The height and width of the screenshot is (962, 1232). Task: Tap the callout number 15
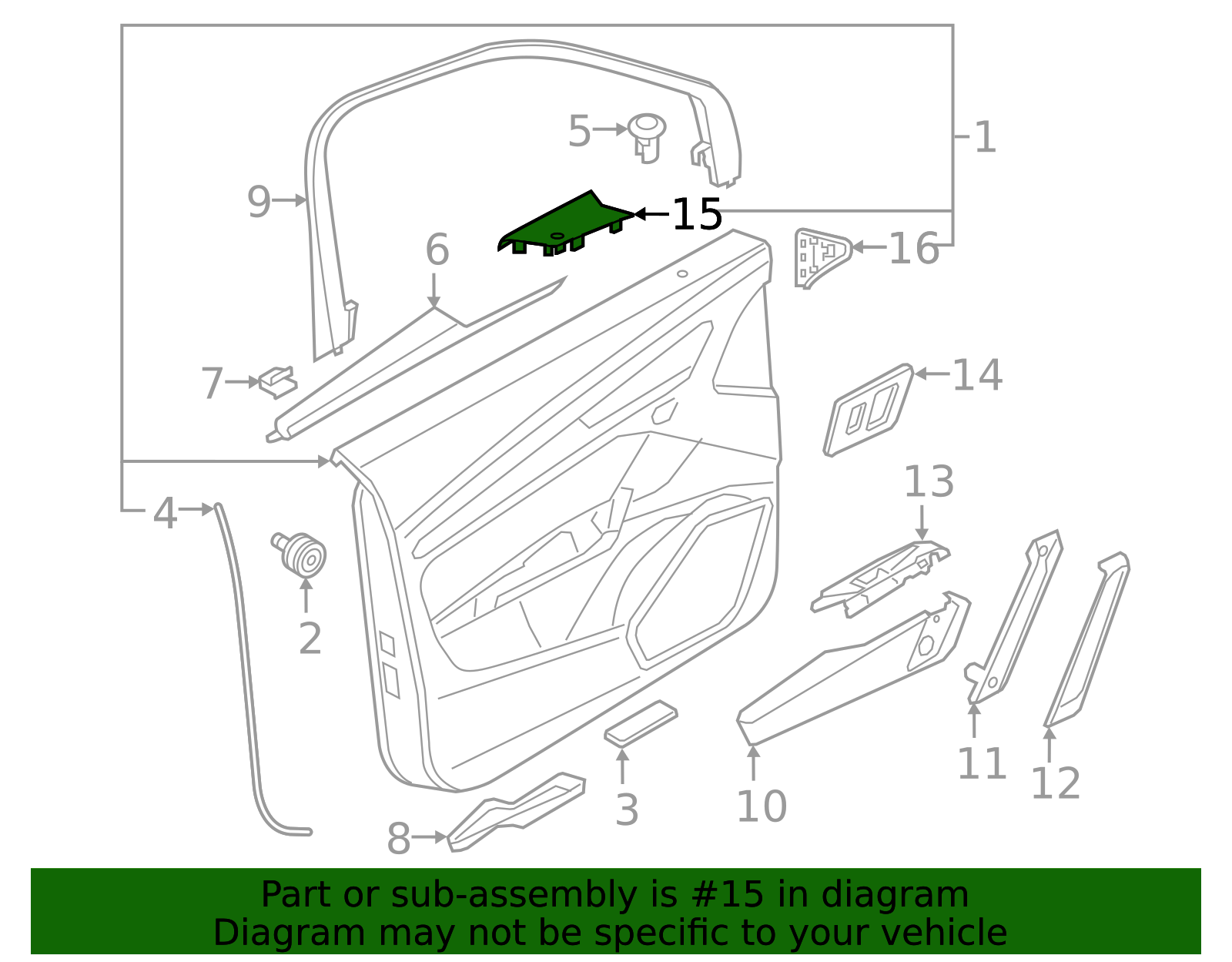(x=697, y=215)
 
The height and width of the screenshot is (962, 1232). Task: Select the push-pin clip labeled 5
(x=647, y=136)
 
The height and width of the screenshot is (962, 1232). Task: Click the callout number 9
(x=259, y=202)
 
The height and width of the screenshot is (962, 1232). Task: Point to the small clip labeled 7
(x=277, y=380)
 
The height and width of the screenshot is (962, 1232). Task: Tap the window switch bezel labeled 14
(x=869, y=410)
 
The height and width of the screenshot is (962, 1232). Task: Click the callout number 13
(x=929, y=482)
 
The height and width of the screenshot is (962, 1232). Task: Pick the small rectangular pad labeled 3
(x=641, y=723)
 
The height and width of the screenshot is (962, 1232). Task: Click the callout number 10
(x=762, y=806)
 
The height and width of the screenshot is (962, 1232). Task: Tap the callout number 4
(x=165, y=513)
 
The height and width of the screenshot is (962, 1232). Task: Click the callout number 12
(x=1055, y=784)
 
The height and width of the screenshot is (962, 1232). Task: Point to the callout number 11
(x=982, y=764)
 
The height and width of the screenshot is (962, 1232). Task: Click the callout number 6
(x=437, y=250)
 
